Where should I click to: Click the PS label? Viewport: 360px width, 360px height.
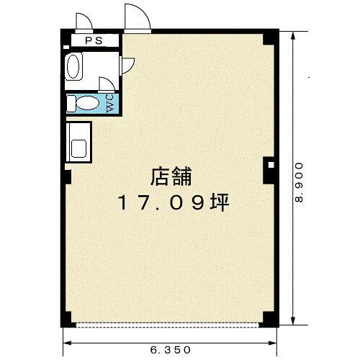tap(93, 41)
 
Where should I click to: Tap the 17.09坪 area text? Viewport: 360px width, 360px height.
tap(173, 203)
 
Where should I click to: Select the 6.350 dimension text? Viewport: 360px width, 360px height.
tap(171, 350)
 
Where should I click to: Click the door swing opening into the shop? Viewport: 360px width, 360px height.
tap(127, 66)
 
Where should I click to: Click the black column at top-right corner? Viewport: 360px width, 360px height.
tap(270, 37)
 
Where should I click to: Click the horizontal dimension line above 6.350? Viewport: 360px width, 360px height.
tap(171, 341)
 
